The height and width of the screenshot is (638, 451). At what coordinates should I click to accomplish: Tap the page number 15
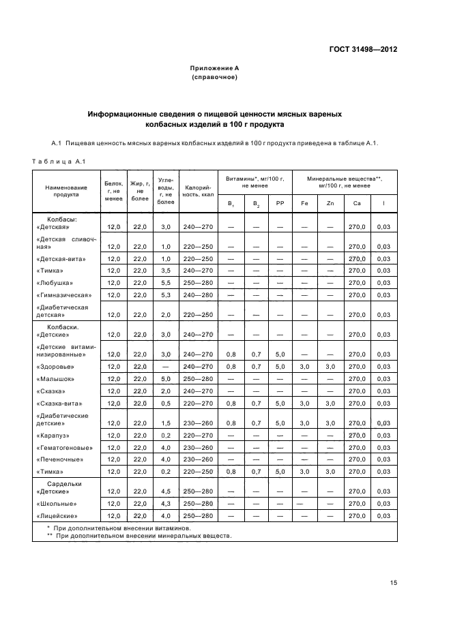(393, 583)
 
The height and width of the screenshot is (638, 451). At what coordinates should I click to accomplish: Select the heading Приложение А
(214, 69)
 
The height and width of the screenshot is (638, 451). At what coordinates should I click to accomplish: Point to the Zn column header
(330, 204)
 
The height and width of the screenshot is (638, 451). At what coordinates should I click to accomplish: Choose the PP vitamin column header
(279, 204)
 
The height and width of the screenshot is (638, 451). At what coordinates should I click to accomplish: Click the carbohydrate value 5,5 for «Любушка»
(165, 283)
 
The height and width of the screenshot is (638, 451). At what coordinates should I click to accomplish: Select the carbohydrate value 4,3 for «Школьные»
(165, 504)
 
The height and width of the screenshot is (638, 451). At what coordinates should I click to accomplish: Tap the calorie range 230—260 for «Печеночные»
(198, 460)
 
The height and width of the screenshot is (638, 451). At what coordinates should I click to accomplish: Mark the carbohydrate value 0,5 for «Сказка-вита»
(165, 404)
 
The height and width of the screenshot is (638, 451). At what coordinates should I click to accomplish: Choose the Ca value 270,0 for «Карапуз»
(358, 436)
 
